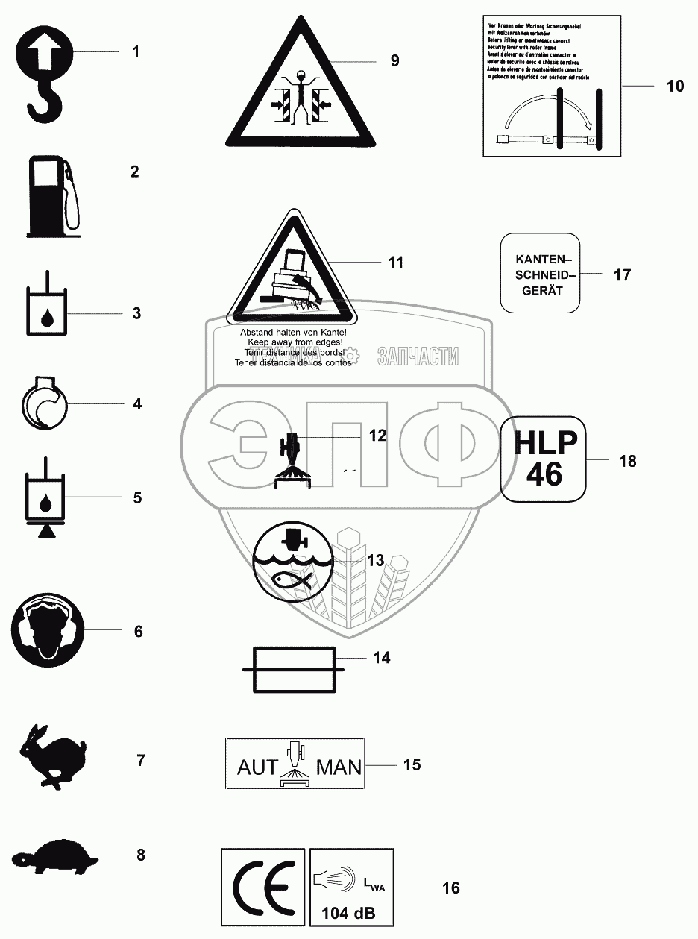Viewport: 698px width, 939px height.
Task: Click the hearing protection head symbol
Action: pyautogui.click(x=49, y=630)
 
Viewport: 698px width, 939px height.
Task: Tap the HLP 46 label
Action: pyautogui.click(x=544, y=459)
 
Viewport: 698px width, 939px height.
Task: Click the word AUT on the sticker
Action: pyautogui.click(x=257, y=767)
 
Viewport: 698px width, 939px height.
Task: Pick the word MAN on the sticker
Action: pyautogui.click(x=339, y=767)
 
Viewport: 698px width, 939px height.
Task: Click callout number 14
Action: pyautogui.click(x=381, y=659)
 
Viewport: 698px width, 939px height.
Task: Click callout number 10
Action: pyautogui.click(x=674, y=87)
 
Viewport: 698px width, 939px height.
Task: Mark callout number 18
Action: pyautogui.click(x=627, y=461)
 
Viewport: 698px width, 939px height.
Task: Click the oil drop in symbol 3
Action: pyautogui.click(x=47, y=319)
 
